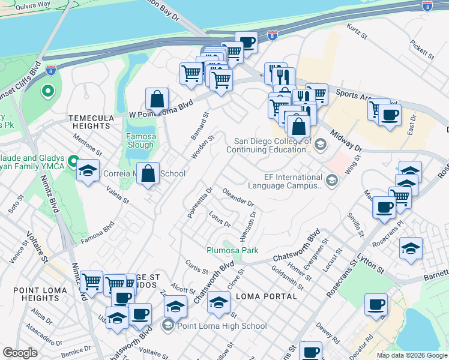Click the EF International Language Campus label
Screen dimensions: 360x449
(293, 182)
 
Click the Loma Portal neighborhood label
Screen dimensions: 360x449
(267, 296)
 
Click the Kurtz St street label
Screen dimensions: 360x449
(358, 32)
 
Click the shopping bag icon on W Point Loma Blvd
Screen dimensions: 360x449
(157, 99)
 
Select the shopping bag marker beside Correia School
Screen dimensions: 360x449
(148, 174)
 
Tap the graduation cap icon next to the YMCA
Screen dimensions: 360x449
(88, 172)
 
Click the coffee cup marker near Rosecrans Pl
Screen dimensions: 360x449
(384, 208)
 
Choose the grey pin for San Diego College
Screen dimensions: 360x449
(320, 143)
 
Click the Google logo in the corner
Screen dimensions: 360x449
(20, 353)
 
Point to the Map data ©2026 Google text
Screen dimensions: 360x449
(412, 355)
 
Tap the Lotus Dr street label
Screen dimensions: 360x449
(220, 220)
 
